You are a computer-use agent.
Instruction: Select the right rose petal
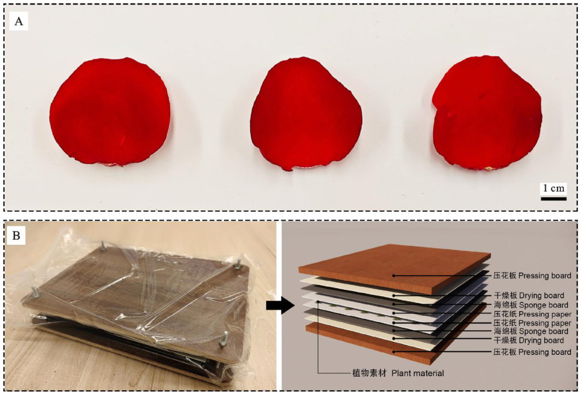click(x=487, y=113)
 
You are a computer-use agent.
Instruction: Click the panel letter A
click(x=18, y=21)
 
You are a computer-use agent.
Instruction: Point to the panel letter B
click(x=17, y=235)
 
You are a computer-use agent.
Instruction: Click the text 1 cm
click(x=554, y=188)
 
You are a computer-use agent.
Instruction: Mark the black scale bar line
click(x=554, y=198)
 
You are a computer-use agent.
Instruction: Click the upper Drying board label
click(x=528, y=295)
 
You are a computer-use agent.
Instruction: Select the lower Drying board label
click(x=528, y=340)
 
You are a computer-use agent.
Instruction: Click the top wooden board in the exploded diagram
click(x=394, y=267)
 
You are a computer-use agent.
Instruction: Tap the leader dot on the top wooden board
click(x=394, y=276)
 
